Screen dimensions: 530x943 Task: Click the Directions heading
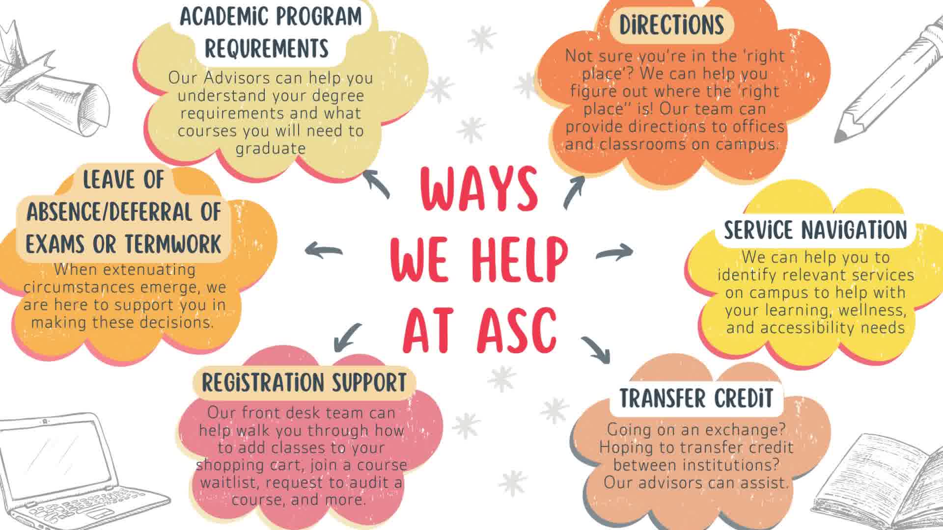click(x=671, y=25)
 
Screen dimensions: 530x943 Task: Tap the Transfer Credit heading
click(x=696, y=398)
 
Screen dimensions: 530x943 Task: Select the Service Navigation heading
click(x=815, y=230)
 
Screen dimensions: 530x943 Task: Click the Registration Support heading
click(x=304, y=383)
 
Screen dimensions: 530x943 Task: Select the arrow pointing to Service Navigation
click(x=614, y=252)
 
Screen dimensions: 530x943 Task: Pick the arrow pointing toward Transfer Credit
click(x=596, y=349)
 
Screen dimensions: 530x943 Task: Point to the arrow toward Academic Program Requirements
click(x=377, y=183)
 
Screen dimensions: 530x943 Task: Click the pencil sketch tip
click(x=841, y=133)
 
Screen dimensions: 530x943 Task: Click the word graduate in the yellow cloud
click(x=271, y=149)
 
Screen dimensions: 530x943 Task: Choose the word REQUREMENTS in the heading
click(x=267, y=49)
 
